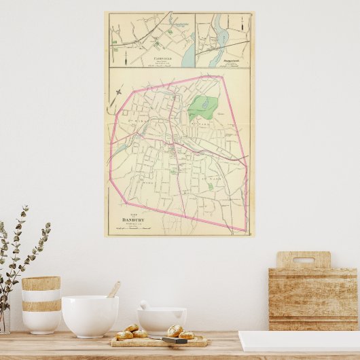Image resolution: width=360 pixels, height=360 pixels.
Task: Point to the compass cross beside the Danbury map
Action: [x=119, y=91]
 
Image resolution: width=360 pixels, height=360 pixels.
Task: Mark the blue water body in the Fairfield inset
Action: [x=187, y=57]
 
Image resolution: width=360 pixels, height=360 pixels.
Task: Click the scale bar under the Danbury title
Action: [x=133, y=230]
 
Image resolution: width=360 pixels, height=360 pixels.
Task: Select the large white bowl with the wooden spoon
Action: [x=90, y=315]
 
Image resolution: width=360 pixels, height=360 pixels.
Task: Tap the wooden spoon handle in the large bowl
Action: [x=113, y=289]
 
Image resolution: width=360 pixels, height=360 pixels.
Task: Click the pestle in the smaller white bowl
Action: [x=145, y=305]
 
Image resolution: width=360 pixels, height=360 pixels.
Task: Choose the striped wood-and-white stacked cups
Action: [x=41, y=304]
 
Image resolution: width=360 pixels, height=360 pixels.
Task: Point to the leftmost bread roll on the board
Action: [x=124, y=334]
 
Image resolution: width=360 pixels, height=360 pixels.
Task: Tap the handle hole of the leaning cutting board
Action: [x=304, y=259]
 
